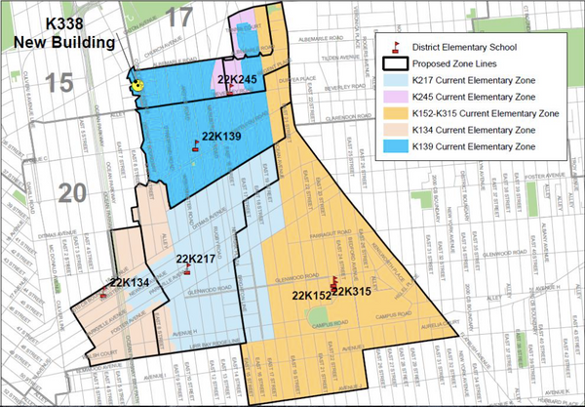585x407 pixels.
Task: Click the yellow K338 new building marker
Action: tap(138, 84)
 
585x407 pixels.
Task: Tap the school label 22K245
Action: tap(237, 79)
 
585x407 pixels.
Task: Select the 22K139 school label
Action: tap(221, 135)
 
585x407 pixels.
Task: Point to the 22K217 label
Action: tap(195, 259)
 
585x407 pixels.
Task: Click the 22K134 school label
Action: tap(130, 283)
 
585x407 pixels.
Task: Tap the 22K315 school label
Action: tap(352, 290)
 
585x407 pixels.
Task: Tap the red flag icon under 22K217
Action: tap(185, 271)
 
